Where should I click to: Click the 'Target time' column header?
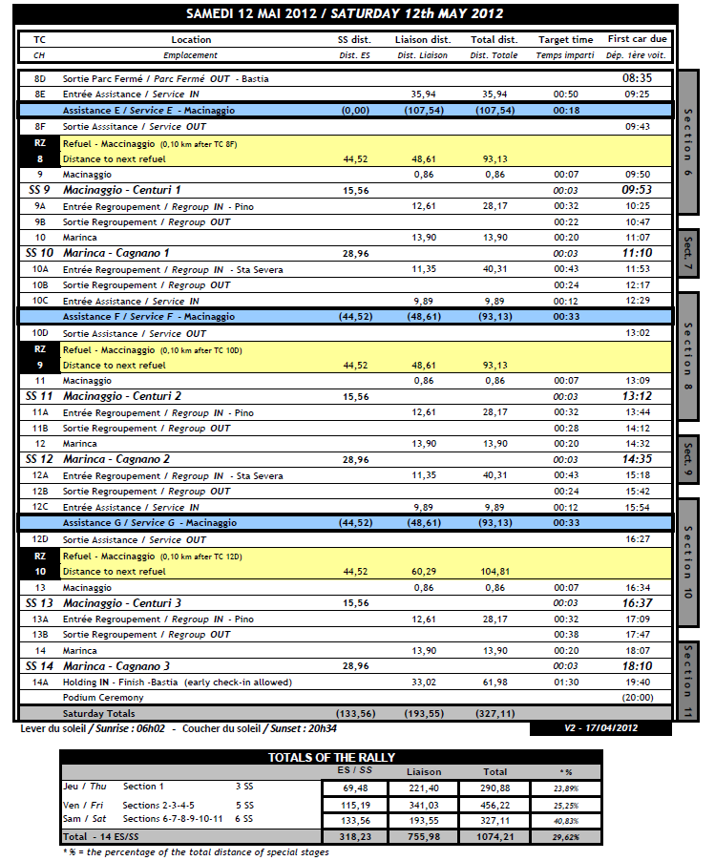click(565, 40)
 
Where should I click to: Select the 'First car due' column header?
click(638, 40)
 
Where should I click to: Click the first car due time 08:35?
click(637, 78)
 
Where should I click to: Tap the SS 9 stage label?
click(39, 190)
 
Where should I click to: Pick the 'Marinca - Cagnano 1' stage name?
click(116, 253)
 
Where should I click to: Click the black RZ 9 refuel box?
click(39, 357)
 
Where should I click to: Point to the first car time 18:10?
click(637, 665)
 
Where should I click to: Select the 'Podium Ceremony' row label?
click(97, 698)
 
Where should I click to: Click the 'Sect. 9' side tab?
click(687, 459)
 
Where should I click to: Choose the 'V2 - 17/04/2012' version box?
click(602, 728)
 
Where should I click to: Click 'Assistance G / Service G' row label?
click(135, 523)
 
